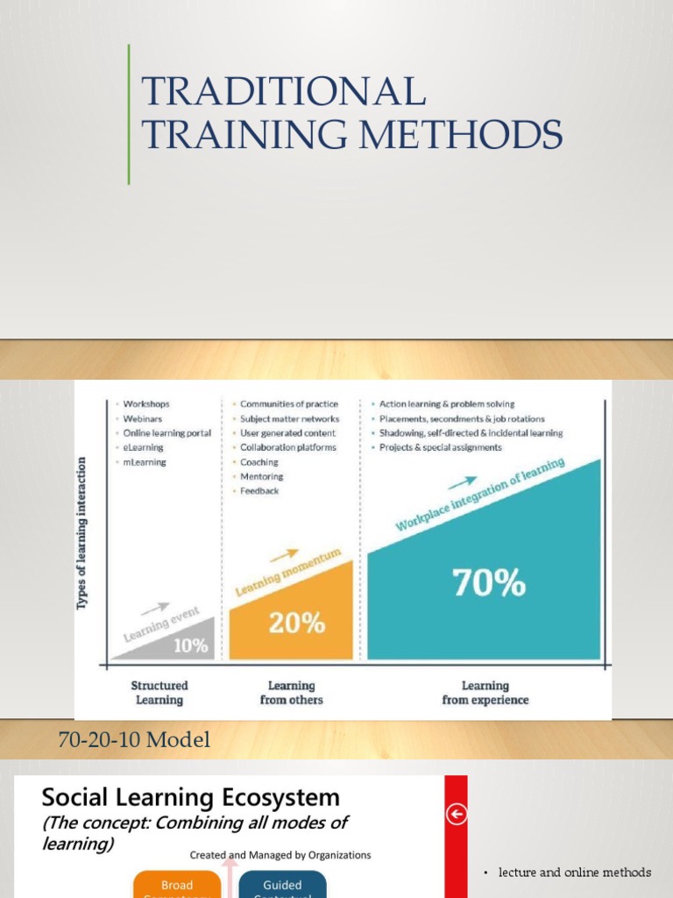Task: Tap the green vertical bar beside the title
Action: point(129,114)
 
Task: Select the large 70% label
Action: point(489,582)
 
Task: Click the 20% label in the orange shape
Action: point(296,623)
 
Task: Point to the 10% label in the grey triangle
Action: point(191,646)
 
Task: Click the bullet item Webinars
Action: point(144,418)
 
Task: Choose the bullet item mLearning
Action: point(145,461)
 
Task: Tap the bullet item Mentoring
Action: point(261,476)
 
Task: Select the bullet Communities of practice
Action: point(288,404)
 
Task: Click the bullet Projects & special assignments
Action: point(440,447)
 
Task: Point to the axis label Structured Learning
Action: point(159,693)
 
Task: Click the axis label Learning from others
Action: point(291,693)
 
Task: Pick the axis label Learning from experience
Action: point(485,693)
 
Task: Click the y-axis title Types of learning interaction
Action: point(82,532)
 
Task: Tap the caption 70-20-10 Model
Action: point(134,740)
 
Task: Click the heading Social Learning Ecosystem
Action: point(191,798)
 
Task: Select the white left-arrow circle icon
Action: point(457,816)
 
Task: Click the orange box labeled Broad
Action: point(176,885)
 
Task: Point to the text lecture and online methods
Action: point(575,872)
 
